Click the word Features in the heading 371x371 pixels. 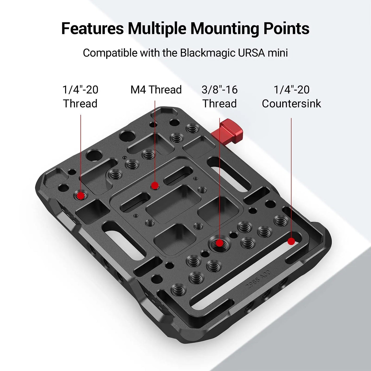point(92,28)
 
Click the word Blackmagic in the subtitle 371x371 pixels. point(207,53)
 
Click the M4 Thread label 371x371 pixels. point(156,90)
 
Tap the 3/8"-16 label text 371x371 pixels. point(219,90)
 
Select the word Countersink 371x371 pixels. point(291,104)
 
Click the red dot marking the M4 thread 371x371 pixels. point(155,186)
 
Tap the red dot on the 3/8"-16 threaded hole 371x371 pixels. point(219,243)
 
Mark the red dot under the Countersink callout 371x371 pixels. point(291,241)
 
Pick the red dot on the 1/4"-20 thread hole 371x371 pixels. point(81,196)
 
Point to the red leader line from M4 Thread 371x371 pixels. point(155,142)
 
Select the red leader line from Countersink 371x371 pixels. point(291,178)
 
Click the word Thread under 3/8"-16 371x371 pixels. point(219,104)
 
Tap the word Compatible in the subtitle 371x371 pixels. point(110,53)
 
